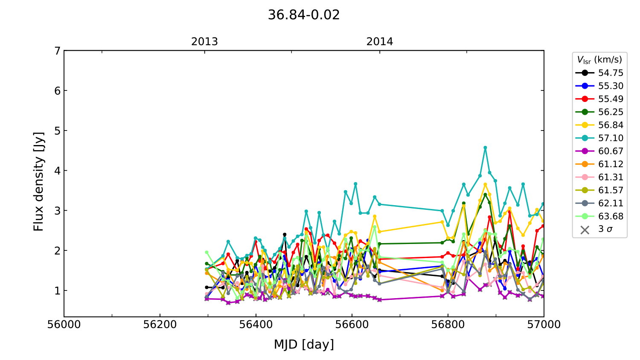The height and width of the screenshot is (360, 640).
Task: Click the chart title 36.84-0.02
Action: (x=303, y=15)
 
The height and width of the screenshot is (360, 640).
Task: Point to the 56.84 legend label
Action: (x=610, y=125)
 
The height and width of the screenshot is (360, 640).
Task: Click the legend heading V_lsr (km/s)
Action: (x=599, y=60)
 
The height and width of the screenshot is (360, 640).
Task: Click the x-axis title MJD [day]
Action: (x=304, y=344)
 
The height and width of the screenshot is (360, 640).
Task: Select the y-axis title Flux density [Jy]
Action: (x=39, y=181)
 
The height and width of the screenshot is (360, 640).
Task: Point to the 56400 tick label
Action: (x=256, y=325)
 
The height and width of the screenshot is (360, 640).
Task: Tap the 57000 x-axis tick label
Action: (x=544, y=325)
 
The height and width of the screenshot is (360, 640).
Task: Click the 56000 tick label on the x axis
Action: (x=64, y=325)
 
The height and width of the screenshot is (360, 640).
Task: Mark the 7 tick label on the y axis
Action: (x=57, y=51)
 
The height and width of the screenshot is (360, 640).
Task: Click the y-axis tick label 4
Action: (x=57, y=171)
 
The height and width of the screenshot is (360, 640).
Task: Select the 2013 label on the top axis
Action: (x=204, y=42)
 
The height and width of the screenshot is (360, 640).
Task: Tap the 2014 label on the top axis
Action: (x=380, y=42)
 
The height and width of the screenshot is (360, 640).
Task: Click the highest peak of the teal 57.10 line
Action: (x=485, y=148)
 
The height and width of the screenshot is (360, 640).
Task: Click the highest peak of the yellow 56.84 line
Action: (x=485, y=184)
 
